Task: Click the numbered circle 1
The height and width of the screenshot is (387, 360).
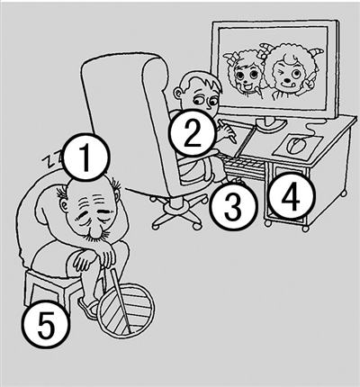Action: [85, 157]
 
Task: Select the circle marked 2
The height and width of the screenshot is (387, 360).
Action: [193, 133]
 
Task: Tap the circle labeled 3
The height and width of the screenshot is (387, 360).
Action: [234, 206]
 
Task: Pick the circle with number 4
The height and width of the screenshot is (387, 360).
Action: [292, 196]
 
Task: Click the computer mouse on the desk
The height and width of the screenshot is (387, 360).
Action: [296, 145]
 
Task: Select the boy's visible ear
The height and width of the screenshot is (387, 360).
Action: [179, 93]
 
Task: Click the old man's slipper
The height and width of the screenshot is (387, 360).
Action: [88, 308]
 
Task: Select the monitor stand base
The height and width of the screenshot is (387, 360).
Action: [270, 122]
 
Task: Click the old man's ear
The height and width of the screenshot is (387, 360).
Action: [64, 205]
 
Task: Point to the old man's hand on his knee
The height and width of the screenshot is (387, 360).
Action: [85, 260]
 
